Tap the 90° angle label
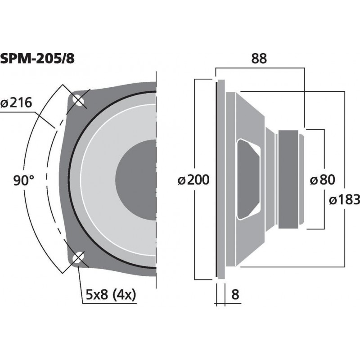pyautogui.click(x=23, y=181)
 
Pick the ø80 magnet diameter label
pyautogui.click(x=323, y=180)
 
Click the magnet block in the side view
pyautogui.click(x=288, y=179)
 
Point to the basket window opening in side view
pyautogui.click(x=248, y=179)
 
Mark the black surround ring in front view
pyautogui.click(x=72, y=180)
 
